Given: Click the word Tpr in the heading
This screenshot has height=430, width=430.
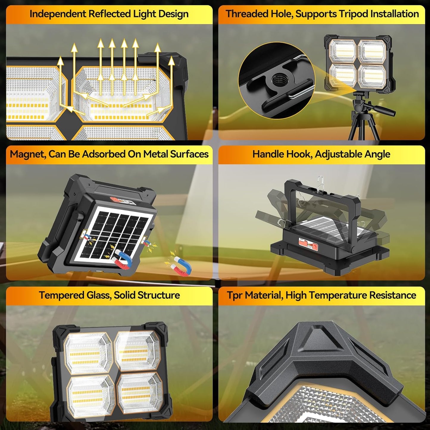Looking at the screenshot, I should coord(234,295).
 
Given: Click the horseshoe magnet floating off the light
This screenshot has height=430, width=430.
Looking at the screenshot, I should coord(182,266).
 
